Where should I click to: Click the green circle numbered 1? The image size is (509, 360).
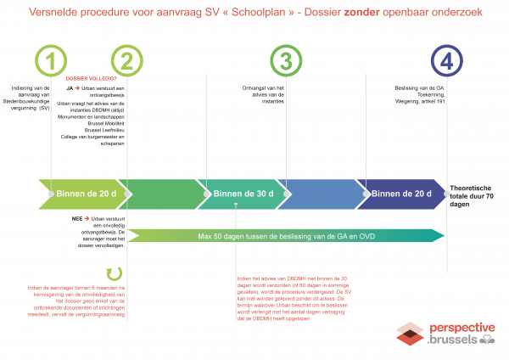52,61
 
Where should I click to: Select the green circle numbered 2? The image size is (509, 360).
126,61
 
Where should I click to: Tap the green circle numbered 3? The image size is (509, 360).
286,61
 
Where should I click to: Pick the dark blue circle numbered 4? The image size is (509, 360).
448,61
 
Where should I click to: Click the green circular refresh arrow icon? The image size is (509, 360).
113,273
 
